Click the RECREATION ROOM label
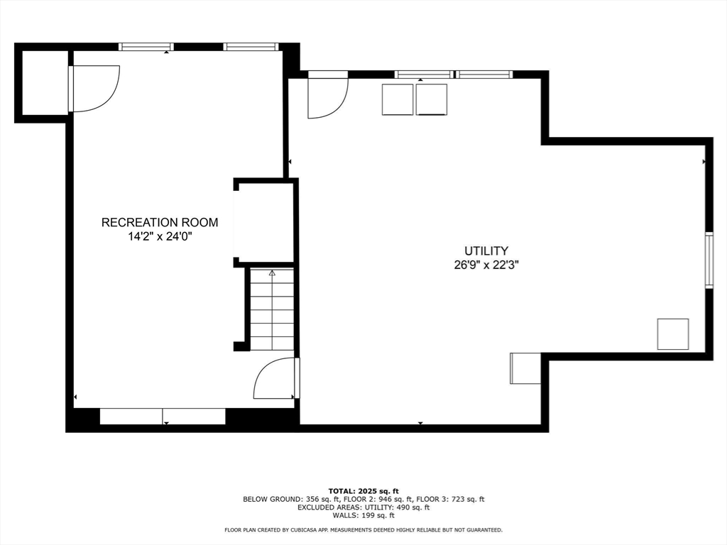click(x=160, y=222)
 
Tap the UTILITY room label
click(x=486, y=251)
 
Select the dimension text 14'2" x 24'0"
click(x=160, y=237)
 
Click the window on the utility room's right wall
click(x=709, y=260)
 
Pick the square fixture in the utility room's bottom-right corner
click(x=672, y=334)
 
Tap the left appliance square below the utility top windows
click(x=397, y=99)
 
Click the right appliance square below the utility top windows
click(x=432, y=99)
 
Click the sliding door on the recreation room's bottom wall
click(x=163, y=417)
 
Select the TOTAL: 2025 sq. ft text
click(x=363, y=491)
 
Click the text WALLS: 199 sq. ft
click(x=363, y=516)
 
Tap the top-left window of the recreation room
click(x=146, y=47)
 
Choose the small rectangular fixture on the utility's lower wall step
click(x=525, y=368)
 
